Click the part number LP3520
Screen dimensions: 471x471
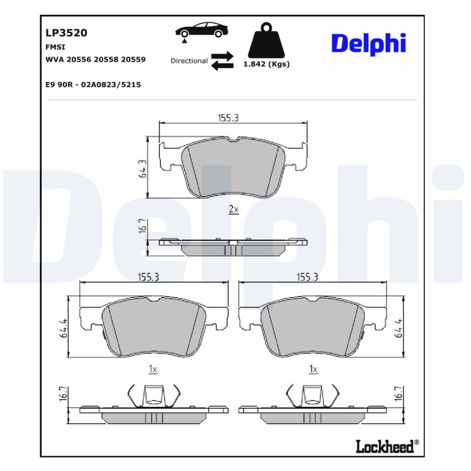(66, 33)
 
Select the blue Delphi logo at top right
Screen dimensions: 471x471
(369, 44)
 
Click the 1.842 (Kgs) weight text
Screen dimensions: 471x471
(266, 65)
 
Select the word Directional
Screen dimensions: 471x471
(189, 61)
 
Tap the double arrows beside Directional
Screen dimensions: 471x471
(223, 61)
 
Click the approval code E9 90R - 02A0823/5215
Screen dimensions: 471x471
(93, 84)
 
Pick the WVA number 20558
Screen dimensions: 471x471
(107, 59)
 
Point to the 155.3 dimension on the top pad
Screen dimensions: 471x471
(228, 118)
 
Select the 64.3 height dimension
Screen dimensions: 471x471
(142, 168)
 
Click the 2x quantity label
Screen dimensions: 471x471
(233, 209)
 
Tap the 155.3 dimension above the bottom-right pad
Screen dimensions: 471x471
(307, 277)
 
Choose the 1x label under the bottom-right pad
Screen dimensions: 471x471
(313, 369)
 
